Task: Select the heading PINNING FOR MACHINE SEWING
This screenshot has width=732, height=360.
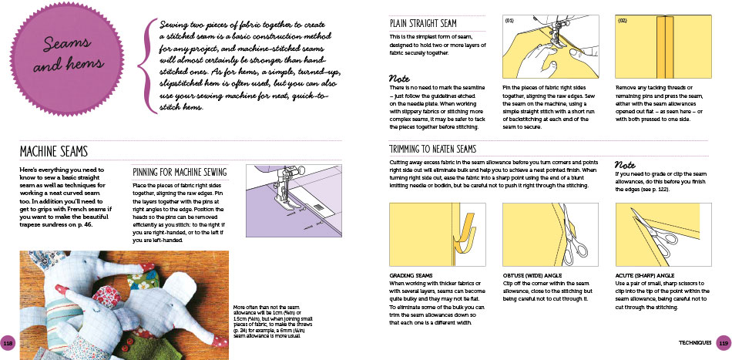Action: point(180,172)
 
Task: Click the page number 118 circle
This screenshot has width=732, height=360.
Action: point(8,342)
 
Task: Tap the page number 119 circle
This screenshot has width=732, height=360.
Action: point(723,342)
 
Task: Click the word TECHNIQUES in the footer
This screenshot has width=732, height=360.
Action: point(694,342)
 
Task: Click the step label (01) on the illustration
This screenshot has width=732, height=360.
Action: point(509,21)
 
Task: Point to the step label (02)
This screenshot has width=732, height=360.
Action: point(623,21)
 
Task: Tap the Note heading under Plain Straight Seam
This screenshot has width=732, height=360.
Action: point(399,79)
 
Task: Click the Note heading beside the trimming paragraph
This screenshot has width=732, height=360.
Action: point(625,163)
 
